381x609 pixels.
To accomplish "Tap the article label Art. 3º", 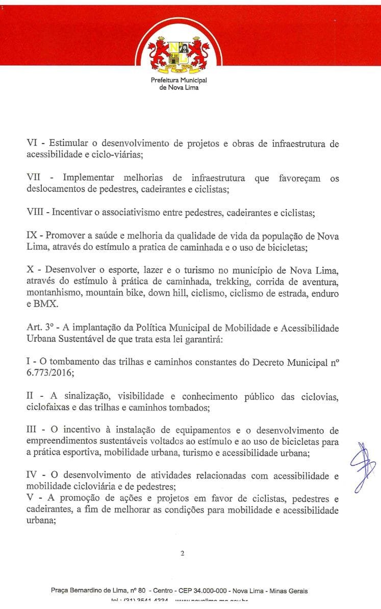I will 40,328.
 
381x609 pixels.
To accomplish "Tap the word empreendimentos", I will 65,442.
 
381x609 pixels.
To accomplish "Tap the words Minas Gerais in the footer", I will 288,591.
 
